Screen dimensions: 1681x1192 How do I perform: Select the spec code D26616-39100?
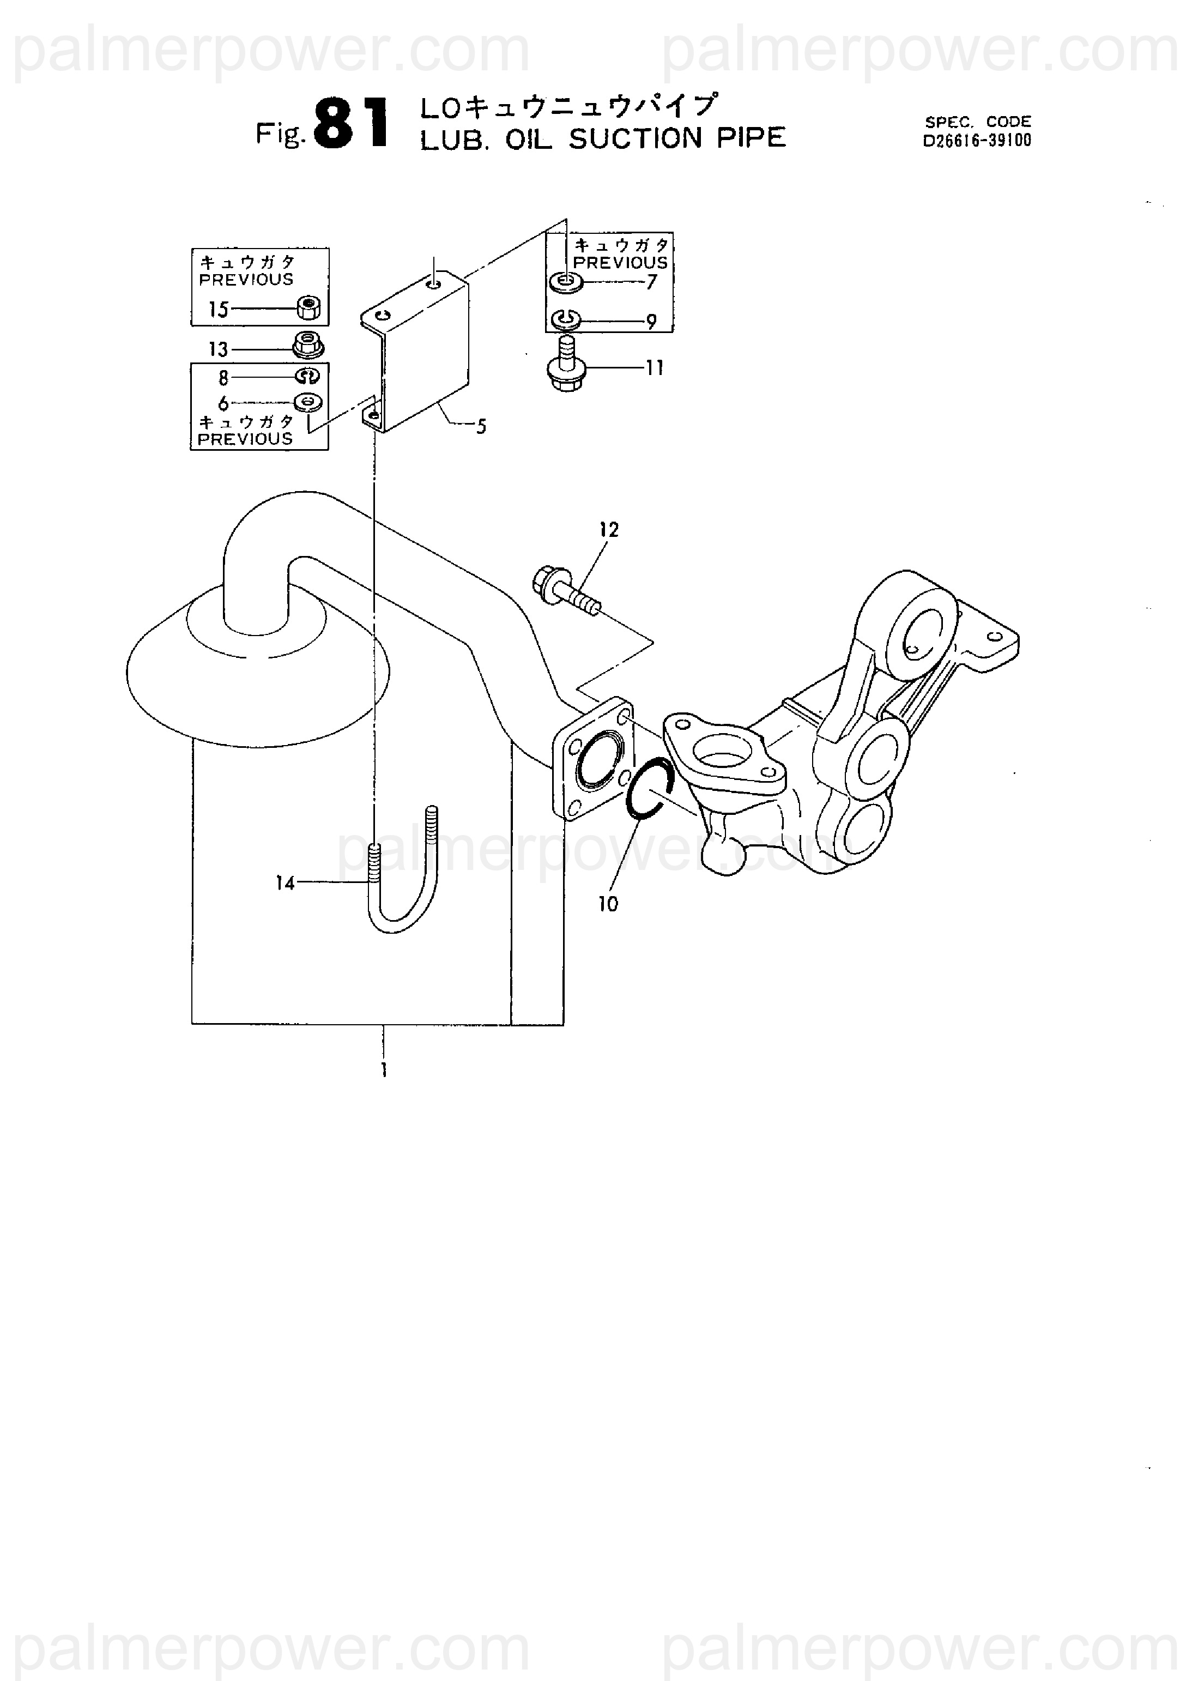click(977, 140)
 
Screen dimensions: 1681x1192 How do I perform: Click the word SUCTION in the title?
click(636, 139)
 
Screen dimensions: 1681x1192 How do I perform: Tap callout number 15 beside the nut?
click(218, 310)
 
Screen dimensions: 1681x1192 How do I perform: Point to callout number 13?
click(218, 349)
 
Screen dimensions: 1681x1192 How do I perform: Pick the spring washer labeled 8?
click(307, 377)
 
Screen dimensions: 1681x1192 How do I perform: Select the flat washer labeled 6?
click(309, 402)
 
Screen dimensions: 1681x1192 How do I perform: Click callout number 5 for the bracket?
click(481, 426)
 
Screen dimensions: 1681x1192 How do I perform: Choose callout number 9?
click(651, 322)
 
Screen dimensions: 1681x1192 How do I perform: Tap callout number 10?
click(608, 904)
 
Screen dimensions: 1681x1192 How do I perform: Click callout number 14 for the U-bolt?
click(285, 883)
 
